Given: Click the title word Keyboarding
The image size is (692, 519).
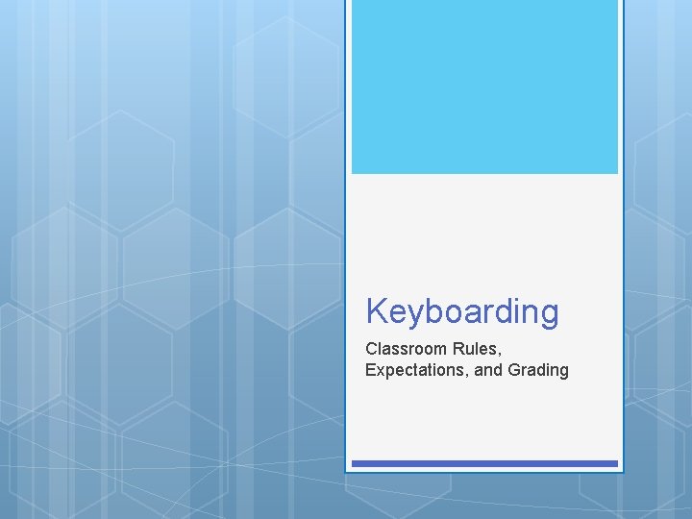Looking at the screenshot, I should pyautogui.click(x=461, y=311).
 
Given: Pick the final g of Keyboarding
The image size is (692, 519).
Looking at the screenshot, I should pyautogui.click(x=548, y=315).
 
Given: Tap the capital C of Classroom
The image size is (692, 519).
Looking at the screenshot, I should pyautogui.click(x=371, y=348).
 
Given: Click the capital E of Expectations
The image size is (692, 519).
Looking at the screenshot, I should pyautogui.click(x=370, y=370).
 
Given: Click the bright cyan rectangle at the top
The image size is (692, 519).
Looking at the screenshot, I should pyautogui.click(x=484, y=86).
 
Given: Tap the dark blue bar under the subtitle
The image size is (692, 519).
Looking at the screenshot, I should pyautogui.click(x=484, y=463).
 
